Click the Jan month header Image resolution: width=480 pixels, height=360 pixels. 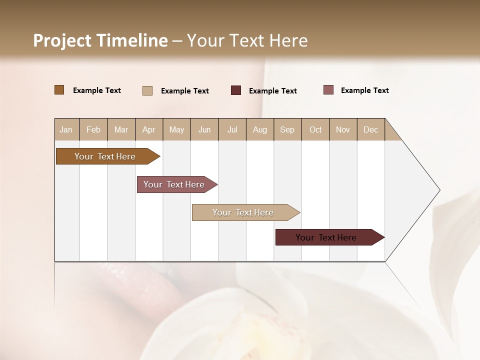pyautogui.click(x=66, y=129)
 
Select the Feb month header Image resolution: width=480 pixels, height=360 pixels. pyautogui.click(x=93, y=129)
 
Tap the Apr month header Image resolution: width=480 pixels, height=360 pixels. pyautogui.click(x=149, y=129)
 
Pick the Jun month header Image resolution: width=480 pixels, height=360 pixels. pyautogui.click(x=204, y=129)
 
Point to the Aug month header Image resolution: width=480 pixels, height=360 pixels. pyautogui.click(x=260, y=129)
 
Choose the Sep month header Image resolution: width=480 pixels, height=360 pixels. pyautogui.click(x=287, y=129)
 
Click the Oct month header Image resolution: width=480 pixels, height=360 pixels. pyautogui.click(x=315, y=129)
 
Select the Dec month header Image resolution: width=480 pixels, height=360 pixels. pyautogui.click(x=371, y=129)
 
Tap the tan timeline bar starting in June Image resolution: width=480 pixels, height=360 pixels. pyautogui.click(x=243, y=212)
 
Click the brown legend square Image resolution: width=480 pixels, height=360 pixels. pyautogui.click(x=59, y=90)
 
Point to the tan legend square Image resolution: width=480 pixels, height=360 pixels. pyautogui.click(x=147, y=90)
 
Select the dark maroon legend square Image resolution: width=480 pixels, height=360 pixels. pyautogui.click(x=236, y=90)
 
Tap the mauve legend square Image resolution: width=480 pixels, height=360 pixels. pyautogui.click(x=328, y=90)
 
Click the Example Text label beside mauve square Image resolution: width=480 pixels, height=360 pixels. pyautogui.click(x=365, y=90)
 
